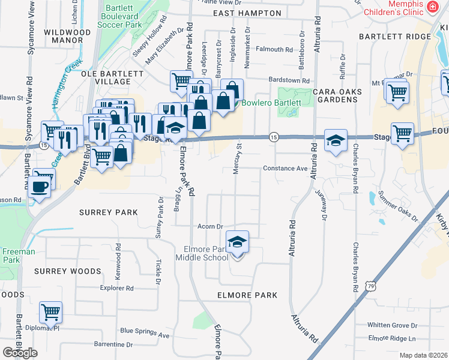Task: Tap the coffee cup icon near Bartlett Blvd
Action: [x=40, y=185]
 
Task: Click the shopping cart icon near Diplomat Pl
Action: [x=50, y=312]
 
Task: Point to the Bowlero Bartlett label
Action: [x=271, y=103]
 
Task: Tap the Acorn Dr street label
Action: [x=211, y=226]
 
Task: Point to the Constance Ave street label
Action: [x=285, y=169]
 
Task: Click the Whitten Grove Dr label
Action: [x=393, y=325]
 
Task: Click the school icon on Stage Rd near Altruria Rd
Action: [x=336, y=140]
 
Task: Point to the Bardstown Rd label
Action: [x=288, y=80]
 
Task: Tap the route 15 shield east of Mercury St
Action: [x=273, y=137]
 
